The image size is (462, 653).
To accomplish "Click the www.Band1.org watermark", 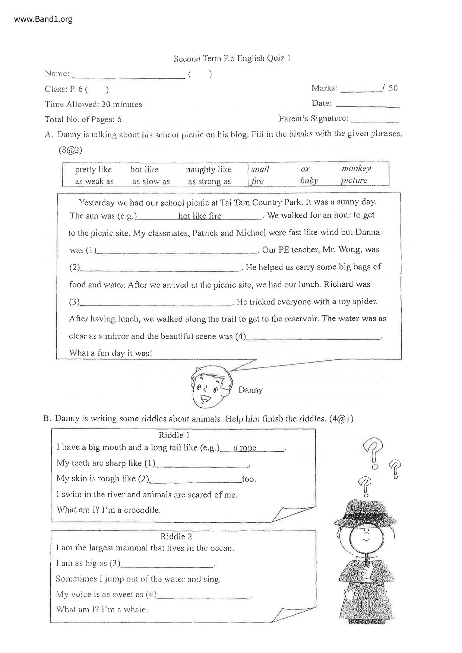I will click(43, 19).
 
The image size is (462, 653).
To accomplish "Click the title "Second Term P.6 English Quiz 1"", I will click(232, 58).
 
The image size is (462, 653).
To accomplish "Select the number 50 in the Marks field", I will click(393, 88).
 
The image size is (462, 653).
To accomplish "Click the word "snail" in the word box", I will click(260, 169).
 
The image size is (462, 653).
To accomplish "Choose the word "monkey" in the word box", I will click(356, 168).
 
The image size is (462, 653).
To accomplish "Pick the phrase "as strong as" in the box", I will click(209, 182).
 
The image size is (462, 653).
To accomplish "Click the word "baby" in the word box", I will click(309, 181).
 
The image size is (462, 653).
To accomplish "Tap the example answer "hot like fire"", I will click(199, 216).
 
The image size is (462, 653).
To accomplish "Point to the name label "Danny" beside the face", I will click(250, 390).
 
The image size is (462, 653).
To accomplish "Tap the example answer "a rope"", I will click(245, 448).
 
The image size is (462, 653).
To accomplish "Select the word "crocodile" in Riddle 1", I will click(142, 510).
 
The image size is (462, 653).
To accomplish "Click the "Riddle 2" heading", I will click(176, 536).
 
